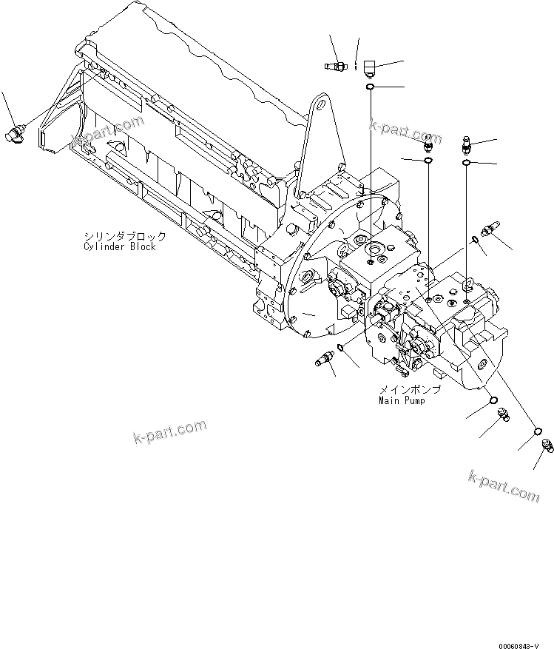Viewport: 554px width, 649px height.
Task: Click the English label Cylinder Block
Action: (x=119, y=246)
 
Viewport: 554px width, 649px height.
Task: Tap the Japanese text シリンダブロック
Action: (x=124, y=237)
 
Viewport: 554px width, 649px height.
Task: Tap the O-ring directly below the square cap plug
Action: (x=369, y=88)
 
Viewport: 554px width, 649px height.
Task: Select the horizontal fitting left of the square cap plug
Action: (x=337, y=67)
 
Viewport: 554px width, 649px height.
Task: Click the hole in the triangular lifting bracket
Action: (x=322, y=106)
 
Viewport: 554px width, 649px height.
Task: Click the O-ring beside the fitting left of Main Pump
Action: (x=340, y=347)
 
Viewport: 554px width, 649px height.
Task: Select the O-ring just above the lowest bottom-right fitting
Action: (x=538, y=432)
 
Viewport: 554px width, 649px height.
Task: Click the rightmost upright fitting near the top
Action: (x=467, y=144)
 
